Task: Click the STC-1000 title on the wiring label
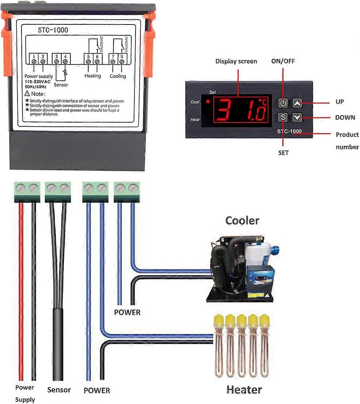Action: coord(53,30)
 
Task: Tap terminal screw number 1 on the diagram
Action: coord(34,62)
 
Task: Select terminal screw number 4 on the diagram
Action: coord(65,62)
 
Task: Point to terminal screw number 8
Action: coord(122,62)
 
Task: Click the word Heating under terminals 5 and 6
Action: coord(92,76)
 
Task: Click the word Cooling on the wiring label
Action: coord(118,76)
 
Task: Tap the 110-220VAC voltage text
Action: coord(37,82)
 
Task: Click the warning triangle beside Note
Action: coord(28,93)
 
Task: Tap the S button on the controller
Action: coord(283,117)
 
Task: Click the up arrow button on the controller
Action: coord(297,103)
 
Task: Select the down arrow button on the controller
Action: coord(297,117)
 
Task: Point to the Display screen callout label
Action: coord(236,61)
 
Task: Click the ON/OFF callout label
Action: coord(283,61)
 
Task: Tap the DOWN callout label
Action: coord(345,118)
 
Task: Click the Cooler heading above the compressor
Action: coord(242,221)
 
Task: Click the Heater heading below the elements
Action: coord(244,390)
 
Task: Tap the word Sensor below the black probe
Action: coord(59,390)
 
